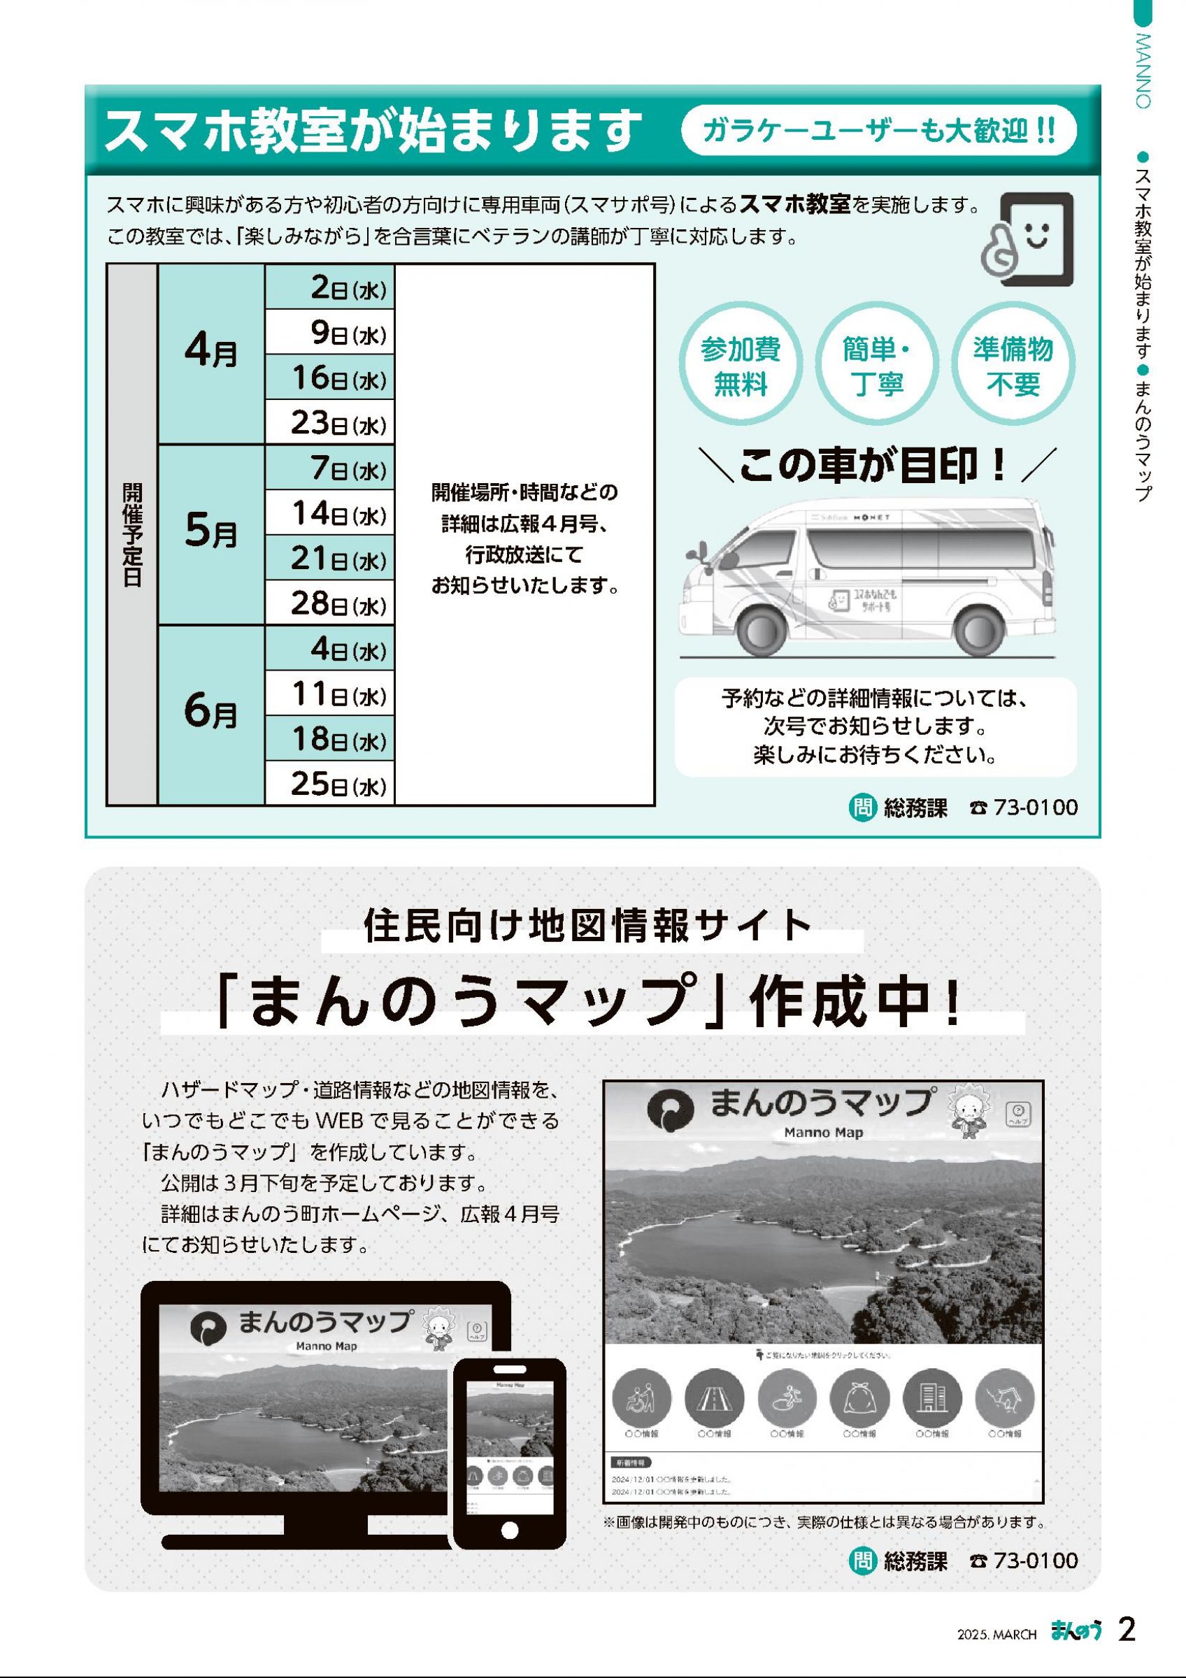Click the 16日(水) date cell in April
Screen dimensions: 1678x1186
(x=329, y=378)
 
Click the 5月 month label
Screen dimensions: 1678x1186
(x=211, y=535)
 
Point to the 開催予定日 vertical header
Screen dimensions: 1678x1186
(x=131, y=535)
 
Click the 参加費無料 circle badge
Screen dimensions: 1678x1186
(x=741, y=367)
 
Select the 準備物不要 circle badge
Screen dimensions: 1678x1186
(x=1013, y=367)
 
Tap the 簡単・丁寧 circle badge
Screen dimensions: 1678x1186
(x=877, y=367)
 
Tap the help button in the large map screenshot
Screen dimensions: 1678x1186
(x=1018, y=1114)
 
